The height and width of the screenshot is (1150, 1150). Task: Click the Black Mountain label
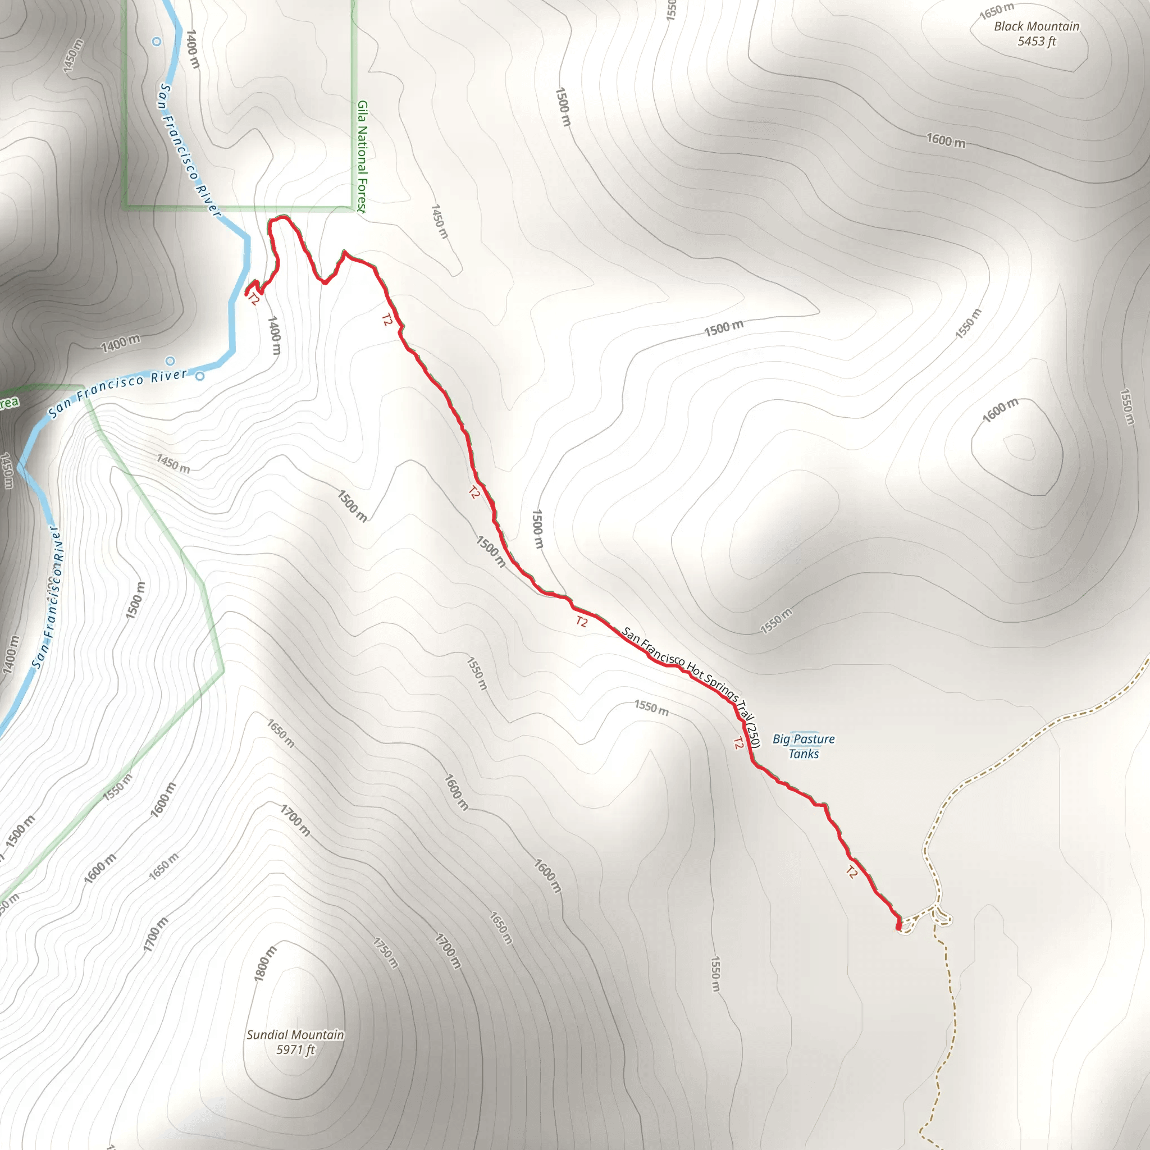click(x=1037, y=27)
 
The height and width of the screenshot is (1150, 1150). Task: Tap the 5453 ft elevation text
click(x=1037, y=42)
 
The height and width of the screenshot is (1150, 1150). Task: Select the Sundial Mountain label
click(x=295, y=1034)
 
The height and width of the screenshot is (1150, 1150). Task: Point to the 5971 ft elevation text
click(x=295, y=1049)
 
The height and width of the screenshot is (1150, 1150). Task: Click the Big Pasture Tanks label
click(x=804, y=746)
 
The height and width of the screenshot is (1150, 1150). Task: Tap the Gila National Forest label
click(x=362, y=156)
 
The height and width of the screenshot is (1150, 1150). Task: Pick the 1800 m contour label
click(x=266, y=963)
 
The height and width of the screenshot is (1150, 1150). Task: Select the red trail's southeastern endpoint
click(x=898, y=926)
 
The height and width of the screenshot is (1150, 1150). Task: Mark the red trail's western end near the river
click(x=247, y=294)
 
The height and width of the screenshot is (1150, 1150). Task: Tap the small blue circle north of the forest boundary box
click(x=157, y=42)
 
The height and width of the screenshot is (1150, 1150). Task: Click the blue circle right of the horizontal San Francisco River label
click(x=200, y=376)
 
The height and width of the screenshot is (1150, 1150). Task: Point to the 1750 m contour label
click(x=386, y=952)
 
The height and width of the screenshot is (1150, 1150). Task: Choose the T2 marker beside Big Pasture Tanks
click(x=738, y=743)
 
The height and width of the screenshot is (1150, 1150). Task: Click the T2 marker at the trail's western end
click(x=254, y=299)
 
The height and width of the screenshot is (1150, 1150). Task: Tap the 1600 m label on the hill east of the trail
click(x=1000, y=410)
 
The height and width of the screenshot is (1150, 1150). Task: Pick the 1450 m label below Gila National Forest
click(x=439, y=221)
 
